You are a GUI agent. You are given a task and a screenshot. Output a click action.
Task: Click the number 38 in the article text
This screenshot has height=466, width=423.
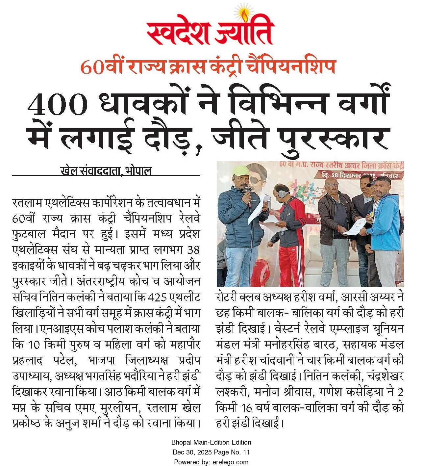coord(193,250)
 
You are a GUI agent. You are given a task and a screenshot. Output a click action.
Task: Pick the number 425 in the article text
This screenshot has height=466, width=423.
coord(157,298)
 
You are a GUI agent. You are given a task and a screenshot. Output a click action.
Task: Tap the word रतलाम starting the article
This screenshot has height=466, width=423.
coord(28,203)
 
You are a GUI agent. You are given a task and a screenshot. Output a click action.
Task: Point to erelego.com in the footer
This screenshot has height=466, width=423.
coord(230,462)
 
